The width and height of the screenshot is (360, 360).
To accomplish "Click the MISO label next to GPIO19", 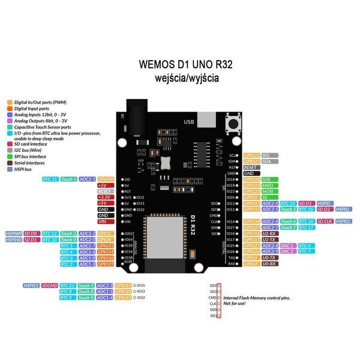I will pos(269,185).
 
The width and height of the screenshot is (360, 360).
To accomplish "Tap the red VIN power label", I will pos(103,221).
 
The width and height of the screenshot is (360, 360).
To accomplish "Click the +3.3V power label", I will pos(103,197).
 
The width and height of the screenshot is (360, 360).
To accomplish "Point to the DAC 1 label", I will pos(287,245).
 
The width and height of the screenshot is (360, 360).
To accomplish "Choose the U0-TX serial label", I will pos(269,257).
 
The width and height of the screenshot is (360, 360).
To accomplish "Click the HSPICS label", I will pos(31,285).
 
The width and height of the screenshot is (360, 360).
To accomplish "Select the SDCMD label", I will pos(50,285).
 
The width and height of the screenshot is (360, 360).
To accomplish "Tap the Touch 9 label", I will pos(86,297).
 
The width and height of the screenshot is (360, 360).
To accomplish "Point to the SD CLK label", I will pos(325,221).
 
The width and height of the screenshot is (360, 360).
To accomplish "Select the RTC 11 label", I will pos(50,179).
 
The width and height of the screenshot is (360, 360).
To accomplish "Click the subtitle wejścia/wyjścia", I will pos(186,78).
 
